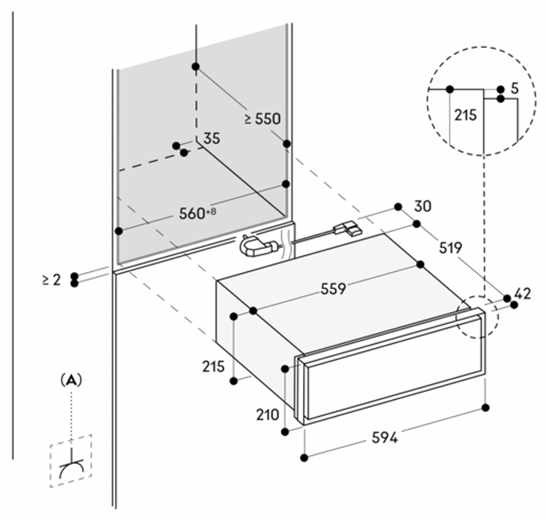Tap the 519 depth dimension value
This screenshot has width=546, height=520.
(x=450, y=248)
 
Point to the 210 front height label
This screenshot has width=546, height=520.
(x=269, y=414)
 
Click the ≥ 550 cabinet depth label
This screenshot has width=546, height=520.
(x=262, y=118)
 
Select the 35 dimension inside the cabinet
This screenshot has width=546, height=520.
(x=211, y=138)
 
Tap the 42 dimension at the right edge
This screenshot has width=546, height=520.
(x=522, y=294)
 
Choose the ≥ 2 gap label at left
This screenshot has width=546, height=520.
(x=51, y=279)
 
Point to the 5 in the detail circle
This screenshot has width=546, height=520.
(x=514, y=88)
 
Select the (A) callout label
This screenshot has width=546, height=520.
(x=72, y=381)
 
